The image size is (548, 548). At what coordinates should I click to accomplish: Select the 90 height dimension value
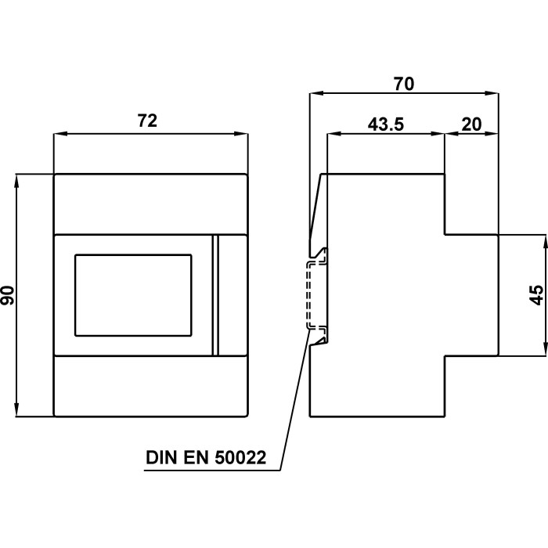pyautogui.click(x=9, y=295)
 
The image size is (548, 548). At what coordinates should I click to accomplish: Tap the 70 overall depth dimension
pyautogui.click(x=404, y=81)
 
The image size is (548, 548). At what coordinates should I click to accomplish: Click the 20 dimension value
pyautogui.click(x=471, y=124)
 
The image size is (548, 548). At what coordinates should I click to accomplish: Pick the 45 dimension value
pyautogui.click(x=535, y=295)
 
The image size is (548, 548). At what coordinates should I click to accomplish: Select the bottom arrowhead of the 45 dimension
pyautogui.click(x=543, y=352)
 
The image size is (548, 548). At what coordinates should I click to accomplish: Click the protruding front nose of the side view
pyautogui.click(x=471, y=295)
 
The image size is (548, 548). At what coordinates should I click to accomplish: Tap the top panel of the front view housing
pyautogui.click(x=150, y=204)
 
